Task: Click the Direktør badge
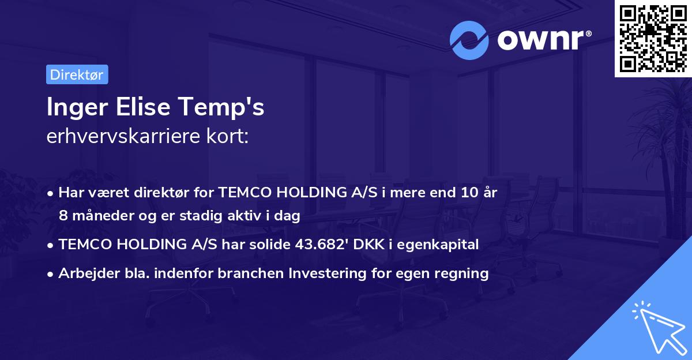click(x=77, y=74)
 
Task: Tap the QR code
click(x=653, y=38)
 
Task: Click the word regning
click(x=464, y=273)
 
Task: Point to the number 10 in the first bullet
click(x=467, y=192)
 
